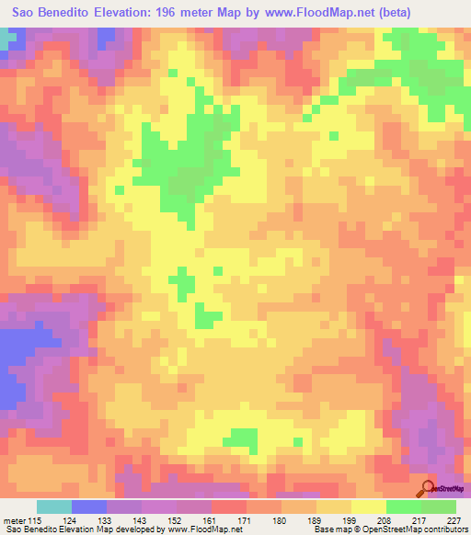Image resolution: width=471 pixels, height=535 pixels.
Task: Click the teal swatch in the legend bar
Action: (x=54, y=507)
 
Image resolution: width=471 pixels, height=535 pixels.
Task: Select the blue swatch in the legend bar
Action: (x=89, y=507)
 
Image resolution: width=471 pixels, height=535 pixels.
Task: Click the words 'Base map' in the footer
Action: (x=330, y=529)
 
